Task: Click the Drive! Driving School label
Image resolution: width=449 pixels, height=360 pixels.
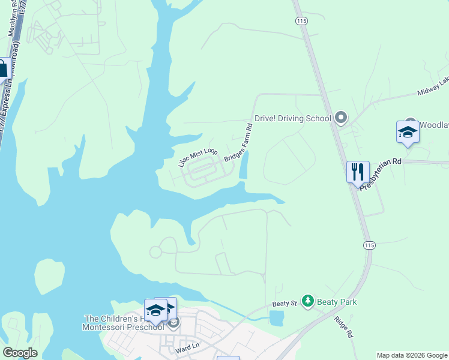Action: (292, 118)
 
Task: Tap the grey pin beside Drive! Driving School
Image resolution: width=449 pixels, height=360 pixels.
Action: (341, 118)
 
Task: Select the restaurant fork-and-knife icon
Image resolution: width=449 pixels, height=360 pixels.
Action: (358, 172)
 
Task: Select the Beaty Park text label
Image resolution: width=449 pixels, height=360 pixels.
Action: (337, 302)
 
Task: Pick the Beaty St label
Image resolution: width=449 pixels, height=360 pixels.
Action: (285, 304)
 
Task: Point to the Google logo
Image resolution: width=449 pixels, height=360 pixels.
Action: (20, 352)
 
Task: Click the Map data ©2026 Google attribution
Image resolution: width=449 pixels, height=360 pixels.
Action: (412, 355)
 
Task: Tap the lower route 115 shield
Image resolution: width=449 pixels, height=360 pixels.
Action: (369, 245)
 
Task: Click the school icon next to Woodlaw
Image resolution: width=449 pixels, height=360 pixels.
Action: (408, 133)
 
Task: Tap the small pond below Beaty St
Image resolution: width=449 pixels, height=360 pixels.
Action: (276, 319)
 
